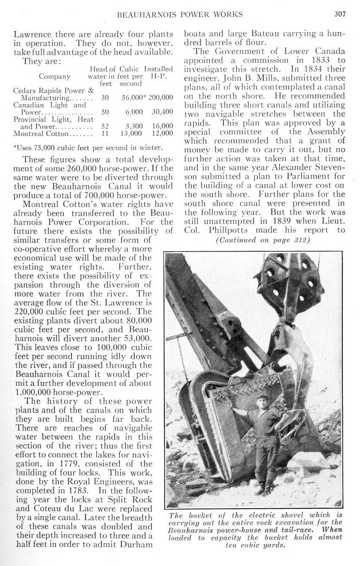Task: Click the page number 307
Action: [x=340, y=14]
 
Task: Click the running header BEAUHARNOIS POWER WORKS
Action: [x=180, y=14]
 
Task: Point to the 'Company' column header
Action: [x=54, y=76]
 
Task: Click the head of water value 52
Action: [x=105, y=126]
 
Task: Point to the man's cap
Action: [x=262, y=397]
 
